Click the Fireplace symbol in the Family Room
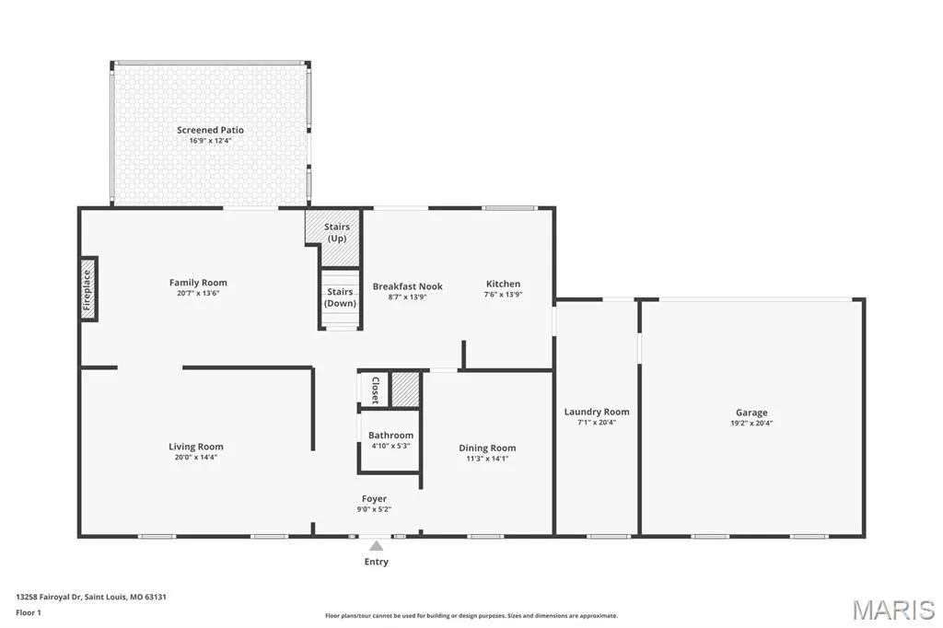tap(88, 289)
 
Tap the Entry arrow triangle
tap(377, 546)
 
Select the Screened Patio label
tap(211, 130)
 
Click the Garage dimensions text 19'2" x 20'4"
tap(751, 423)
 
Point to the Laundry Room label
tap(597, 412)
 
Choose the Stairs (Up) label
tap(337, 232)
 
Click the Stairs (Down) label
tap(341, 297)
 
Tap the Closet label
tap(376, 390)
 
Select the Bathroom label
tap(390, 435)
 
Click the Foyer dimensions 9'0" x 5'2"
tap(374, 509)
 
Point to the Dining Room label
tap(487, 448)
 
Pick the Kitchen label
tap(504, 284)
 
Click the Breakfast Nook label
tap(408, 286)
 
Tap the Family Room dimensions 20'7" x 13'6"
tap(198, 294)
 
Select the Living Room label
tap(196, 447)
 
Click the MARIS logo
tap(893, 610)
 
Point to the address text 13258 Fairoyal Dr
tap(49, 598)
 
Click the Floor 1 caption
tap(29, 613)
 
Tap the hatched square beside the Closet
tap(405, 390)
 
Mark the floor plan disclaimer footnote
tap(471, 616)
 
